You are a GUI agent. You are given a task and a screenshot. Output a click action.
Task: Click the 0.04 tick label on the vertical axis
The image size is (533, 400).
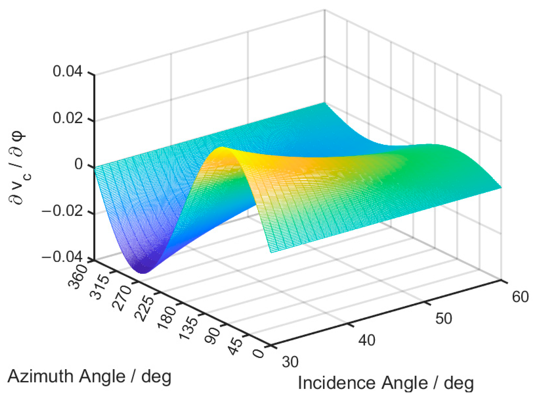[67, 72]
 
